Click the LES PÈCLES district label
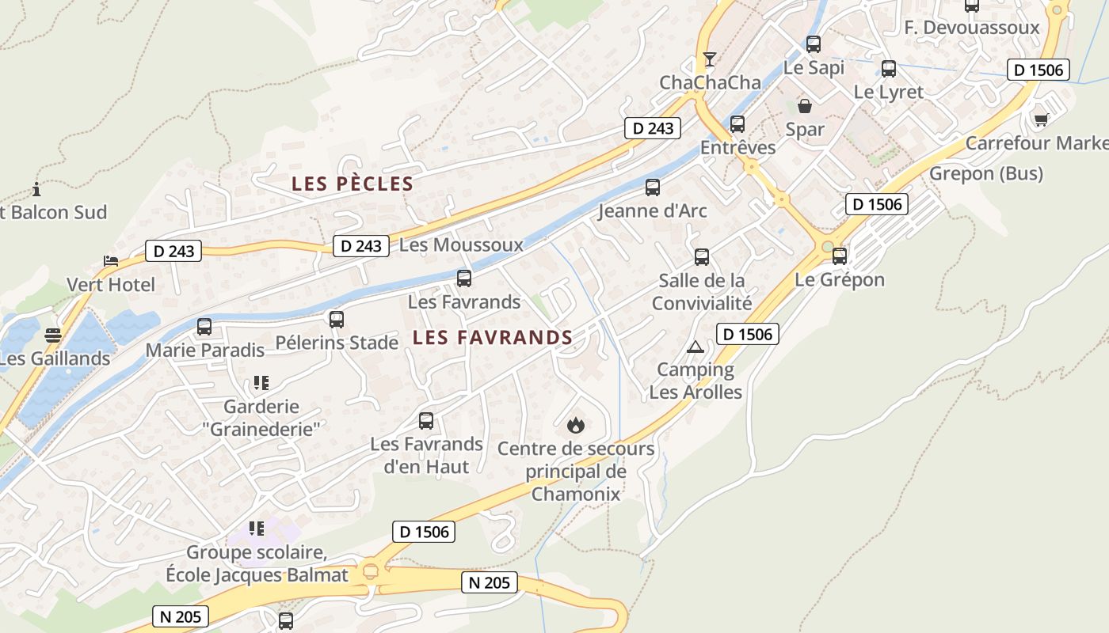353,184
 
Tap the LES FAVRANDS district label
492,338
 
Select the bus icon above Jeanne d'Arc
652,188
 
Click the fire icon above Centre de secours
576,425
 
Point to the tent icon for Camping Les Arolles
695,347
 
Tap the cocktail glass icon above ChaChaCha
709,59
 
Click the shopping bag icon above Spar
805,105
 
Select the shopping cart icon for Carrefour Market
1041,119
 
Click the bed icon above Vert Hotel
111,261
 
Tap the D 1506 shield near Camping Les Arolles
748,334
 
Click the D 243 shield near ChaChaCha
653,128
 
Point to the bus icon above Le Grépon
839,256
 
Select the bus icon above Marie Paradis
204,326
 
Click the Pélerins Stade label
337,343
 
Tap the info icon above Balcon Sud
36,189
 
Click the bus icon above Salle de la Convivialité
701,256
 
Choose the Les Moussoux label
461,244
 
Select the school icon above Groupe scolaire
256,528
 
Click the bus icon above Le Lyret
888,69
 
